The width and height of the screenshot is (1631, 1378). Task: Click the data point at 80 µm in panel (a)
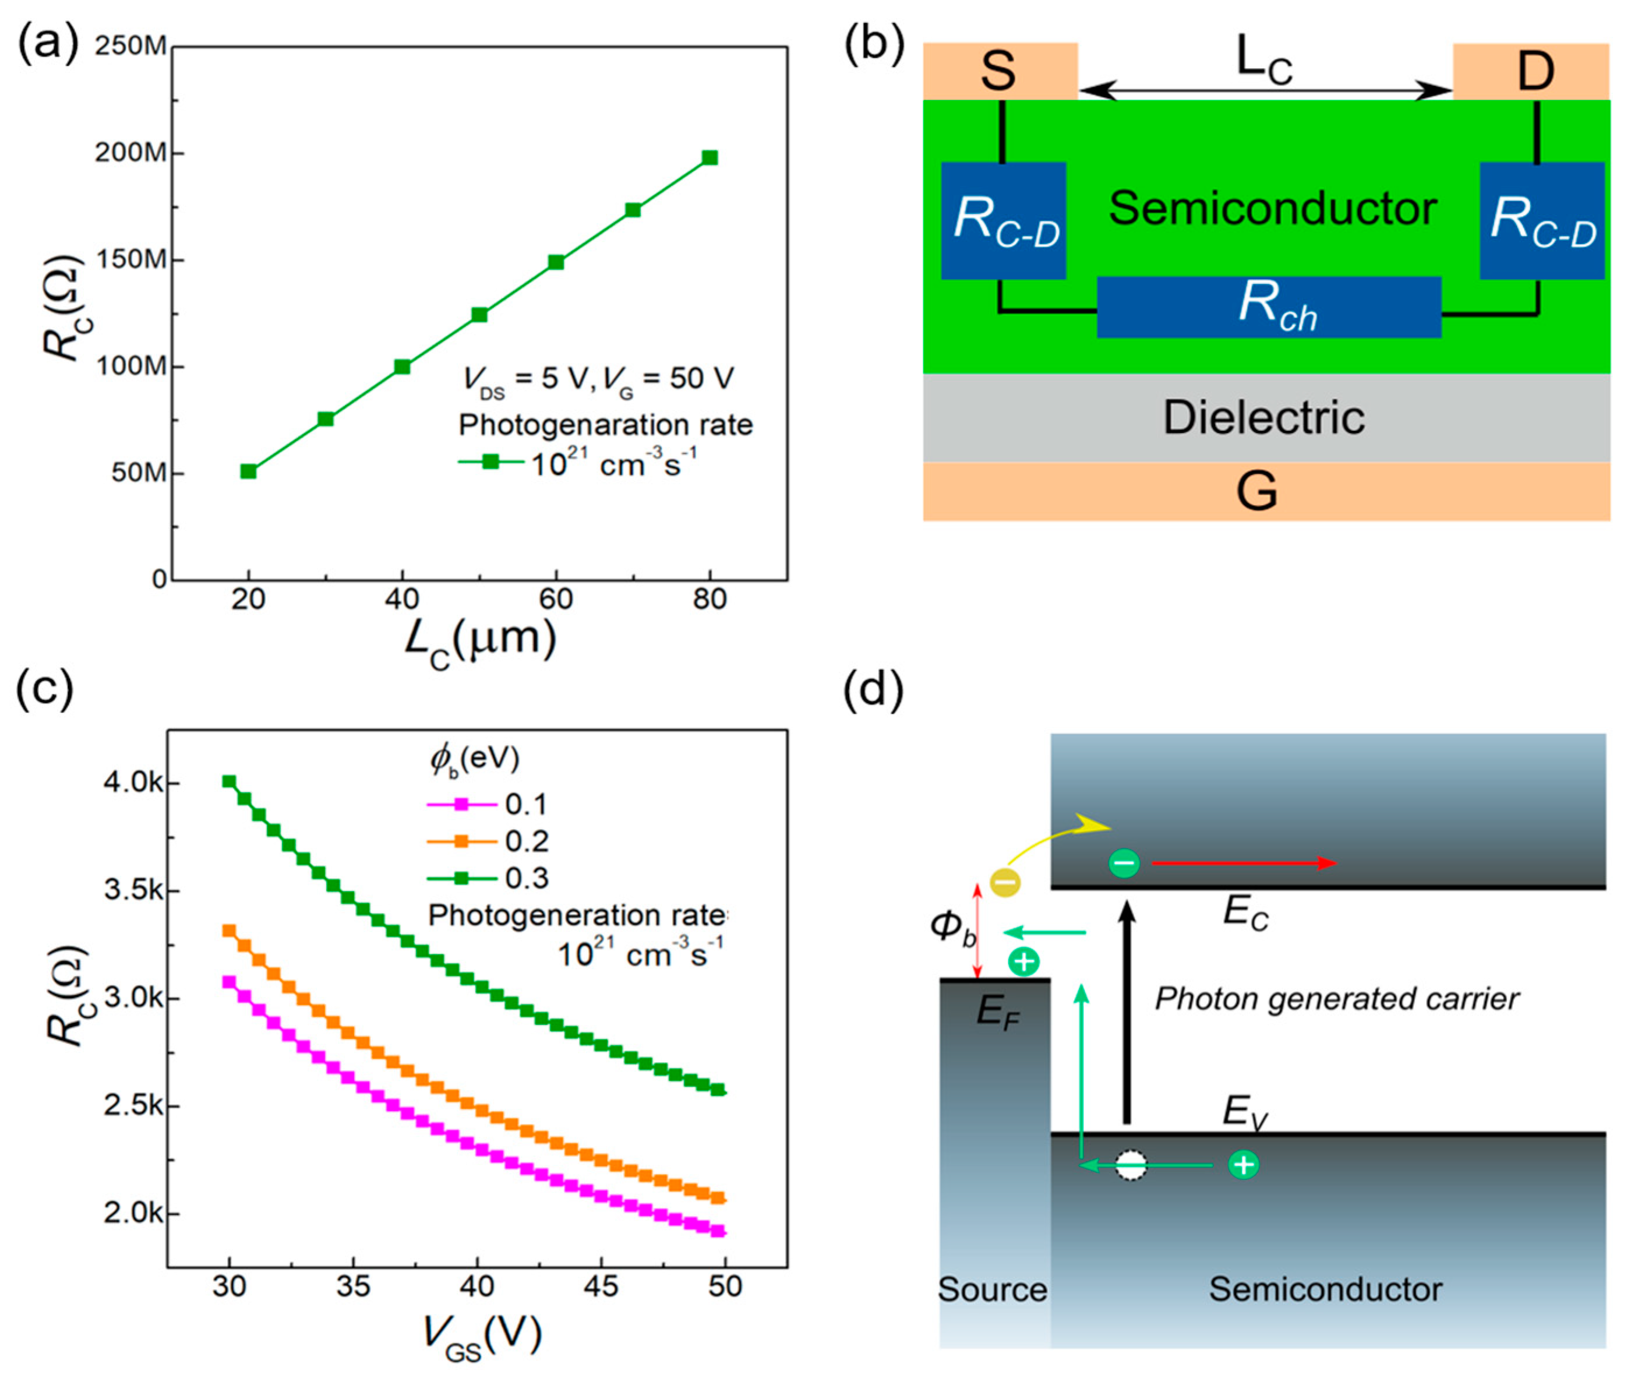[x=709, y=158]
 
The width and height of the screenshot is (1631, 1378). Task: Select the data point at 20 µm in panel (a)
[x=248, y=471]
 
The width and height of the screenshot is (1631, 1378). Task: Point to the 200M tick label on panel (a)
[x=130, y=153]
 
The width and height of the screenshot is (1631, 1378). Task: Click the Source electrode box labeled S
[x=1000, y=71]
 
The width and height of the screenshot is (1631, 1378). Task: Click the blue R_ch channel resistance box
[x=1269, y=307]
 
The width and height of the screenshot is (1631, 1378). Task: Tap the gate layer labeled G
[x=1257, y=491]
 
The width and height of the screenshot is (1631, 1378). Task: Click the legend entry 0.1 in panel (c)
[x=525, y=804]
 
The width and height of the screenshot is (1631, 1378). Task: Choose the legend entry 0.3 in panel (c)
[x=525, y=878]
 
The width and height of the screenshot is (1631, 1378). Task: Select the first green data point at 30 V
[x=229, y=781]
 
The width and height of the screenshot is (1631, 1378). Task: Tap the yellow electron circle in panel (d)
[x=1005, y=883]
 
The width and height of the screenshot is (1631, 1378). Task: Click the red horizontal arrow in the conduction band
[x=1245, y=863]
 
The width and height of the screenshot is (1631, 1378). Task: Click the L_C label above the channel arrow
[x=1264, y=61]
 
